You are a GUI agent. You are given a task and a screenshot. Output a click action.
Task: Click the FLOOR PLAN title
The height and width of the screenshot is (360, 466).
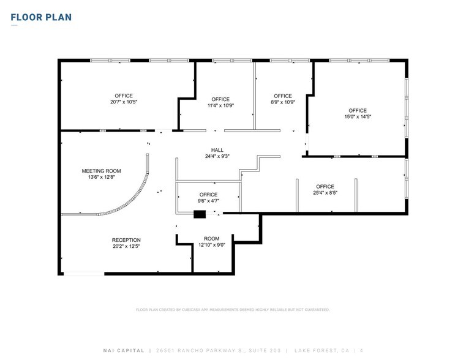point(41,17)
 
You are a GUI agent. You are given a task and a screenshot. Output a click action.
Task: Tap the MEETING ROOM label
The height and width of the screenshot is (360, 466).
point(102,171)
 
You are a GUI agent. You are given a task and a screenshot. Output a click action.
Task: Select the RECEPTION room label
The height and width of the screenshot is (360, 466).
point(126,240)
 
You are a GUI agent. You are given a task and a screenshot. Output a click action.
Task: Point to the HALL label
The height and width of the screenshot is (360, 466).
point(217,150)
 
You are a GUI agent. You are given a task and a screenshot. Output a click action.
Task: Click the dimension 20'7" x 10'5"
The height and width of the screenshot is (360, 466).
point(124,102)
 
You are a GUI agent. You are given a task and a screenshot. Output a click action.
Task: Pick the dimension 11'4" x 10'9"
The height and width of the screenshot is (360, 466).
point(220,105)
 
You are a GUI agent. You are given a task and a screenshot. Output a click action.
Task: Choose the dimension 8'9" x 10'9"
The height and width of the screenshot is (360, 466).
point(283,102)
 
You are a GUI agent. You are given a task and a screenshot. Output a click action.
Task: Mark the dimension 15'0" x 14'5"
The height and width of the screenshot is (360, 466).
point(358,116)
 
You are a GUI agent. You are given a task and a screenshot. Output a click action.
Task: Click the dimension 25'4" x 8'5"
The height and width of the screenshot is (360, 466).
point(325,193)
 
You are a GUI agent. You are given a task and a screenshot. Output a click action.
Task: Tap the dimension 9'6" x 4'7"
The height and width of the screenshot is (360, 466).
point(208,200)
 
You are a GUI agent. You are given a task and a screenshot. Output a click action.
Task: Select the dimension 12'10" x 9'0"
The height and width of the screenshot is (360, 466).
point(212,245)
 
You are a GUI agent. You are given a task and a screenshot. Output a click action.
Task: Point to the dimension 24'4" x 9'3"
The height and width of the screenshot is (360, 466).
point(217,156)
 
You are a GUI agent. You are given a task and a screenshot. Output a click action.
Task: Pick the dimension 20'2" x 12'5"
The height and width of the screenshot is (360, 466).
point(126,246)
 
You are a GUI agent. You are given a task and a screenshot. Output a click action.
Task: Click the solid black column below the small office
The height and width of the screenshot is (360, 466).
point(200,214)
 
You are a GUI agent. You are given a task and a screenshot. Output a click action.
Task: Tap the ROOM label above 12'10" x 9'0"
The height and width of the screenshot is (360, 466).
point(212,239)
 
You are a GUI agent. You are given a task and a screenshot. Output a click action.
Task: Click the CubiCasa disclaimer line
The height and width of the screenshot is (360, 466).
point(233,310)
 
